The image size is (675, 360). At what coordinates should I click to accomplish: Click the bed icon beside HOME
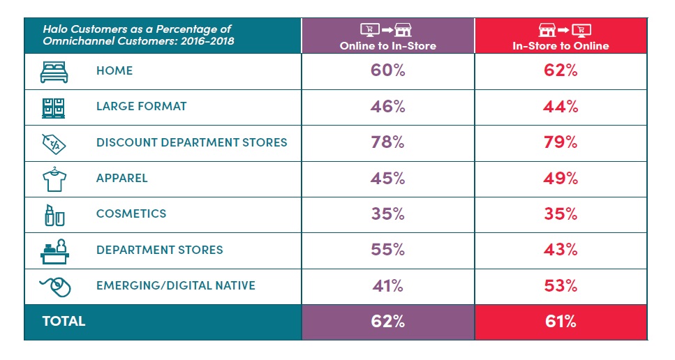point(54,71)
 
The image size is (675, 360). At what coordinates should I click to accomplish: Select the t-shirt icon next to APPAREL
point(54,178)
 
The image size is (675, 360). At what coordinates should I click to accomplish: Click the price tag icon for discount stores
point(54,142)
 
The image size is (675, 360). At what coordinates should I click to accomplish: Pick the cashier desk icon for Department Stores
point(54,250)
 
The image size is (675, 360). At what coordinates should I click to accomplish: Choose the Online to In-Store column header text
point(387,46)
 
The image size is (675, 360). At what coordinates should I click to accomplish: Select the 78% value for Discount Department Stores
point(388,142)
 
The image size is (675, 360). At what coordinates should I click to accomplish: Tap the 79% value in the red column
point(561,142)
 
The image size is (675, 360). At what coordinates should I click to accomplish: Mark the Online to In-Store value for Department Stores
point(388,250)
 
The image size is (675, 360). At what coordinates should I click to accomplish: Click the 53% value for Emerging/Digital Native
point(561,285)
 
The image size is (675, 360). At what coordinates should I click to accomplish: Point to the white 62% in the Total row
point(388,322)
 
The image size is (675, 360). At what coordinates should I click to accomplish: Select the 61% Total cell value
point(561,322)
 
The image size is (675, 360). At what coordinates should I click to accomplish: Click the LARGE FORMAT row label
point(142,107)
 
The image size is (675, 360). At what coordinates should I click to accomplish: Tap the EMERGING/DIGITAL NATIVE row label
point(175,285)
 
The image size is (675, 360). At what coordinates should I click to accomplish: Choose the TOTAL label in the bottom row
point(64,322)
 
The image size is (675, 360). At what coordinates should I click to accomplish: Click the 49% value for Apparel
point(561,178)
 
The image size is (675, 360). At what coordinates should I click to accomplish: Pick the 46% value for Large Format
point(388,107)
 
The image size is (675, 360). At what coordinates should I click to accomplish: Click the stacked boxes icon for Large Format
point(54,107)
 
